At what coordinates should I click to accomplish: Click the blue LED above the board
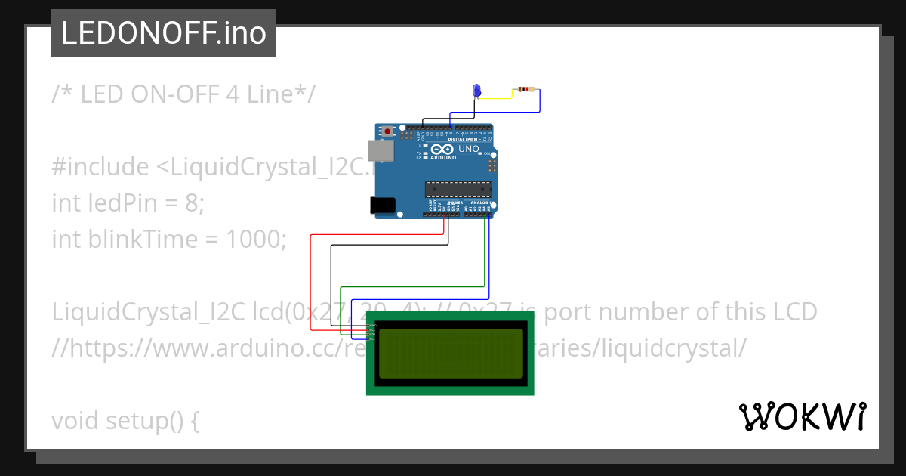click(476, 91)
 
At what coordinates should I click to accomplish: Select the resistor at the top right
click(526, 90)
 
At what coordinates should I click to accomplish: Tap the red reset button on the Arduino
click(388, 131)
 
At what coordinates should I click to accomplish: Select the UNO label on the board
click(470, 150)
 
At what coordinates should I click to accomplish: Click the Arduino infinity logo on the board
click(444, 150)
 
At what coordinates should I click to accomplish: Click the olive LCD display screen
click(450, 353)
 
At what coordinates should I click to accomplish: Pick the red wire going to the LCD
click(310, 280)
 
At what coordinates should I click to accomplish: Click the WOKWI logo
click(801, 416)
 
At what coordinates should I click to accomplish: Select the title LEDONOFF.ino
click(164, 33)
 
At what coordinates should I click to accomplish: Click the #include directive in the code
click(100, 166)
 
